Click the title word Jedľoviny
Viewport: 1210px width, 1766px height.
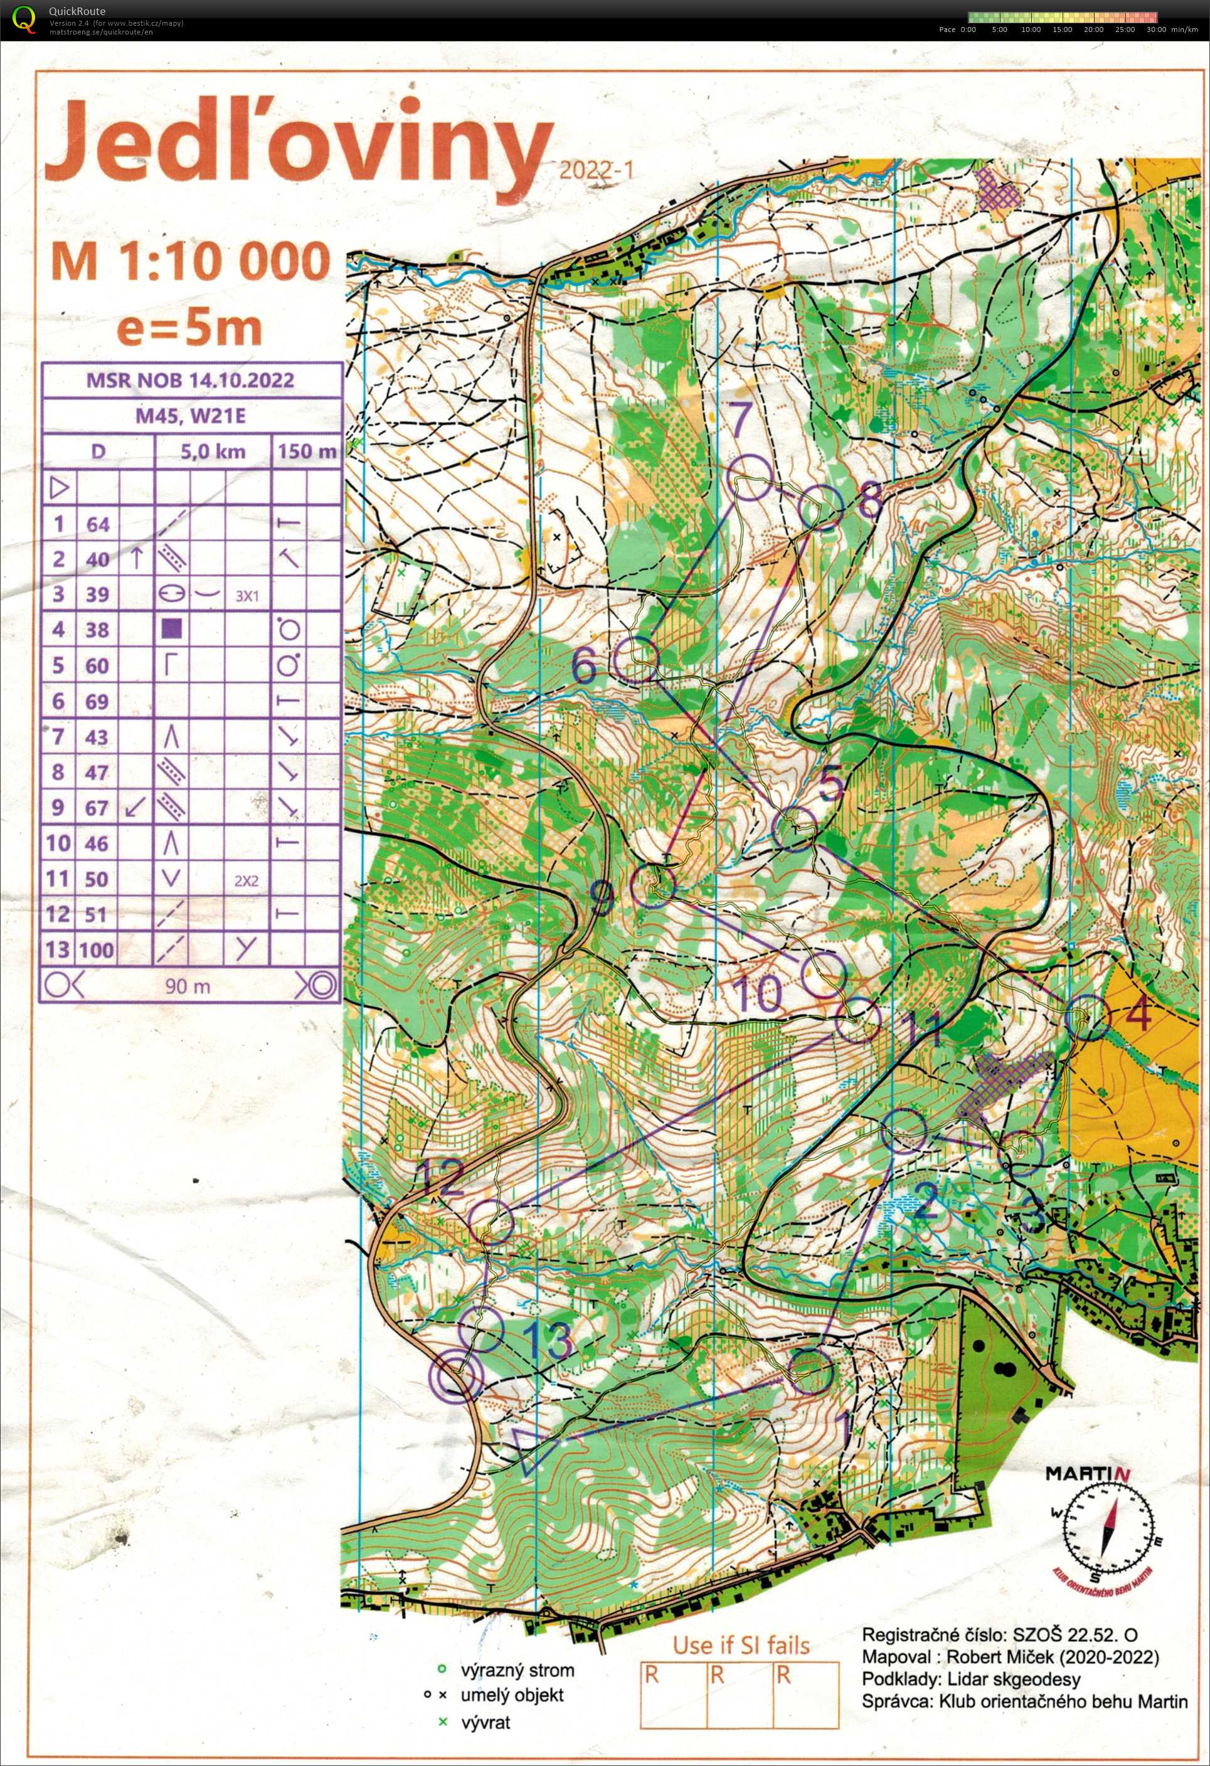297,148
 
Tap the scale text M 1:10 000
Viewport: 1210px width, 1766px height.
190,261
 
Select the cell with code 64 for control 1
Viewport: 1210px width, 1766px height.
97,524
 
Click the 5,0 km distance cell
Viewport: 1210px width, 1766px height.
213,452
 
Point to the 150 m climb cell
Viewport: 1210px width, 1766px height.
306,452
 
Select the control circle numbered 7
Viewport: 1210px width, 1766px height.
750,478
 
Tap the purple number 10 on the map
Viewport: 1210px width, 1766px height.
758,992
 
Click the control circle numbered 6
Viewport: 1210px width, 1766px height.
636,660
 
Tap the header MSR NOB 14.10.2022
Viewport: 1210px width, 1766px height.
190,380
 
